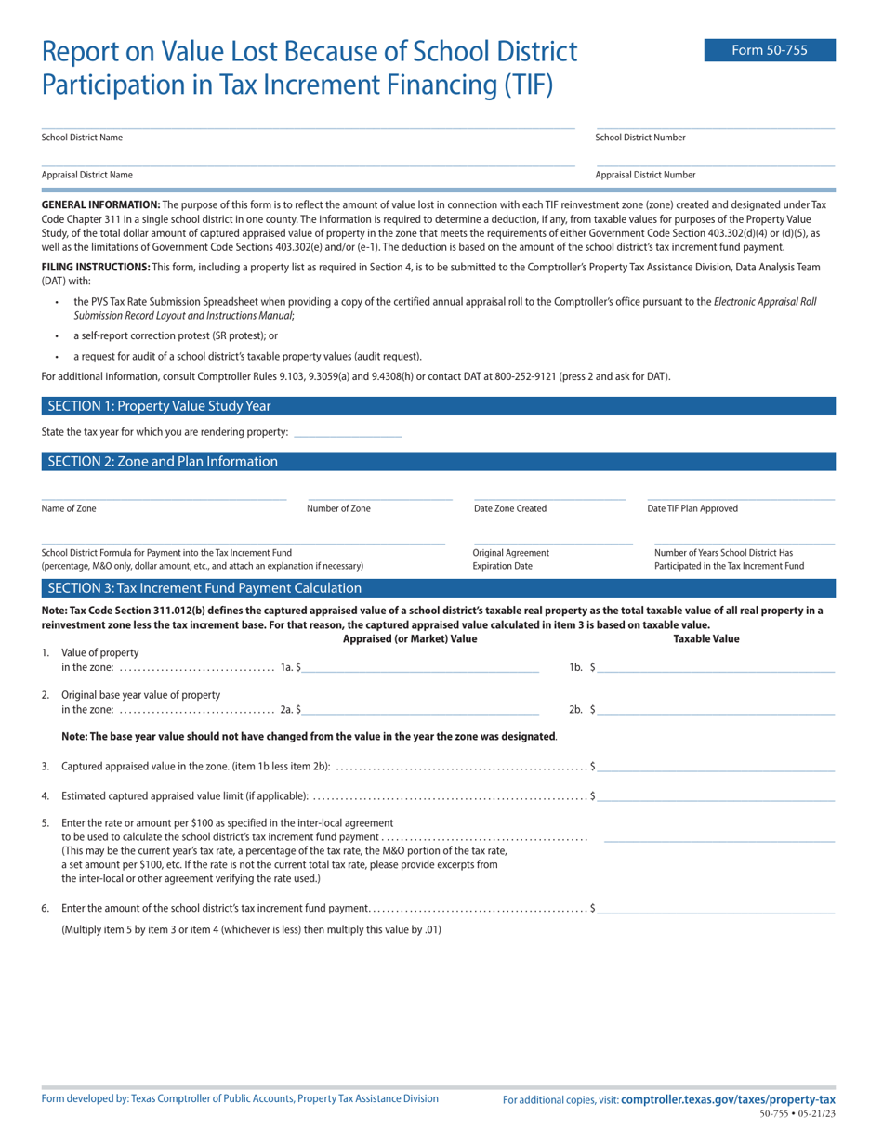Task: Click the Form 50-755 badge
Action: pos(769,51)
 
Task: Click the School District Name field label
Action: pos(82,138)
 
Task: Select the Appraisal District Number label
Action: pos(645,175)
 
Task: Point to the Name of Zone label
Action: pos(69,508)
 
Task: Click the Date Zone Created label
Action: pos(509,508)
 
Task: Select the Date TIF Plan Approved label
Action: pos(692,508)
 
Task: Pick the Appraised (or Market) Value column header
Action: pos(410,638)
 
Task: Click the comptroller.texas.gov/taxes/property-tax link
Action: pos(728,1099)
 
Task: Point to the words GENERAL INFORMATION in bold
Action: pos(100,204)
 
